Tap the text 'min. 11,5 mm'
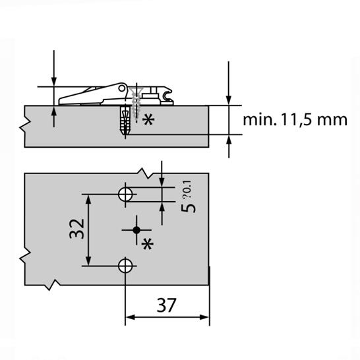tap(294, 120)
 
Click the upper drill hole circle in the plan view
tap(125, 194)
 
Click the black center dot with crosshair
tap(136, 229)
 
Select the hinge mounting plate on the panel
tap(99, 95)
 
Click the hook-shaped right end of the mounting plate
tap(169, 97)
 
